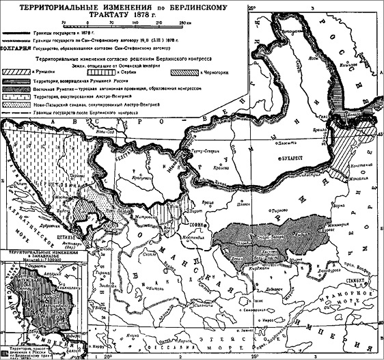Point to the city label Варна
[x=345, y=204]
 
